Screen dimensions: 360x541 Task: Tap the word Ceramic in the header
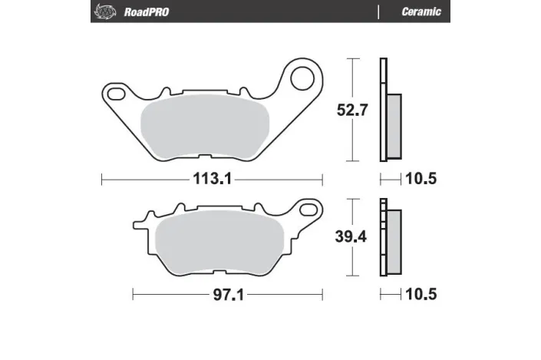pos(421,12)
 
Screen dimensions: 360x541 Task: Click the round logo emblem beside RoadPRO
pos(101,12)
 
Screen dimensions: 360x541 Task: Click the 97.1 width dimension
pos(227,294)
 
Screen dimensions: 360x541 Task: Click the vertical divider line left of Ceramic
pos(378,12)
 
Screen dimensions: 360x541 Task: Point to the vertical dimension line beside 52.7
pos(351,110)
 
